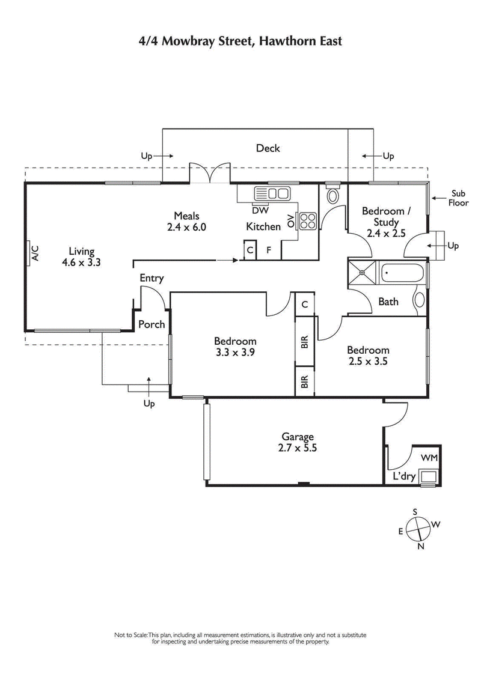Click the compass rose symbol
(418, 529)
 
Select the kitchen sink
(272, 193)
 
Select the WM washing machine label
(429, 458)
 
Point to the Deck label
(268, 148)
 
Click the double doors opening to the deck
(210, 174)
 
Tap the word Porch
(152, 324)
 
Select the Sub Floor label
(459, 198)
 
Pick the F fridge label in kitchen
(268, 250)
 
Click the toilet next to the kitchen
(332, 195)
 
